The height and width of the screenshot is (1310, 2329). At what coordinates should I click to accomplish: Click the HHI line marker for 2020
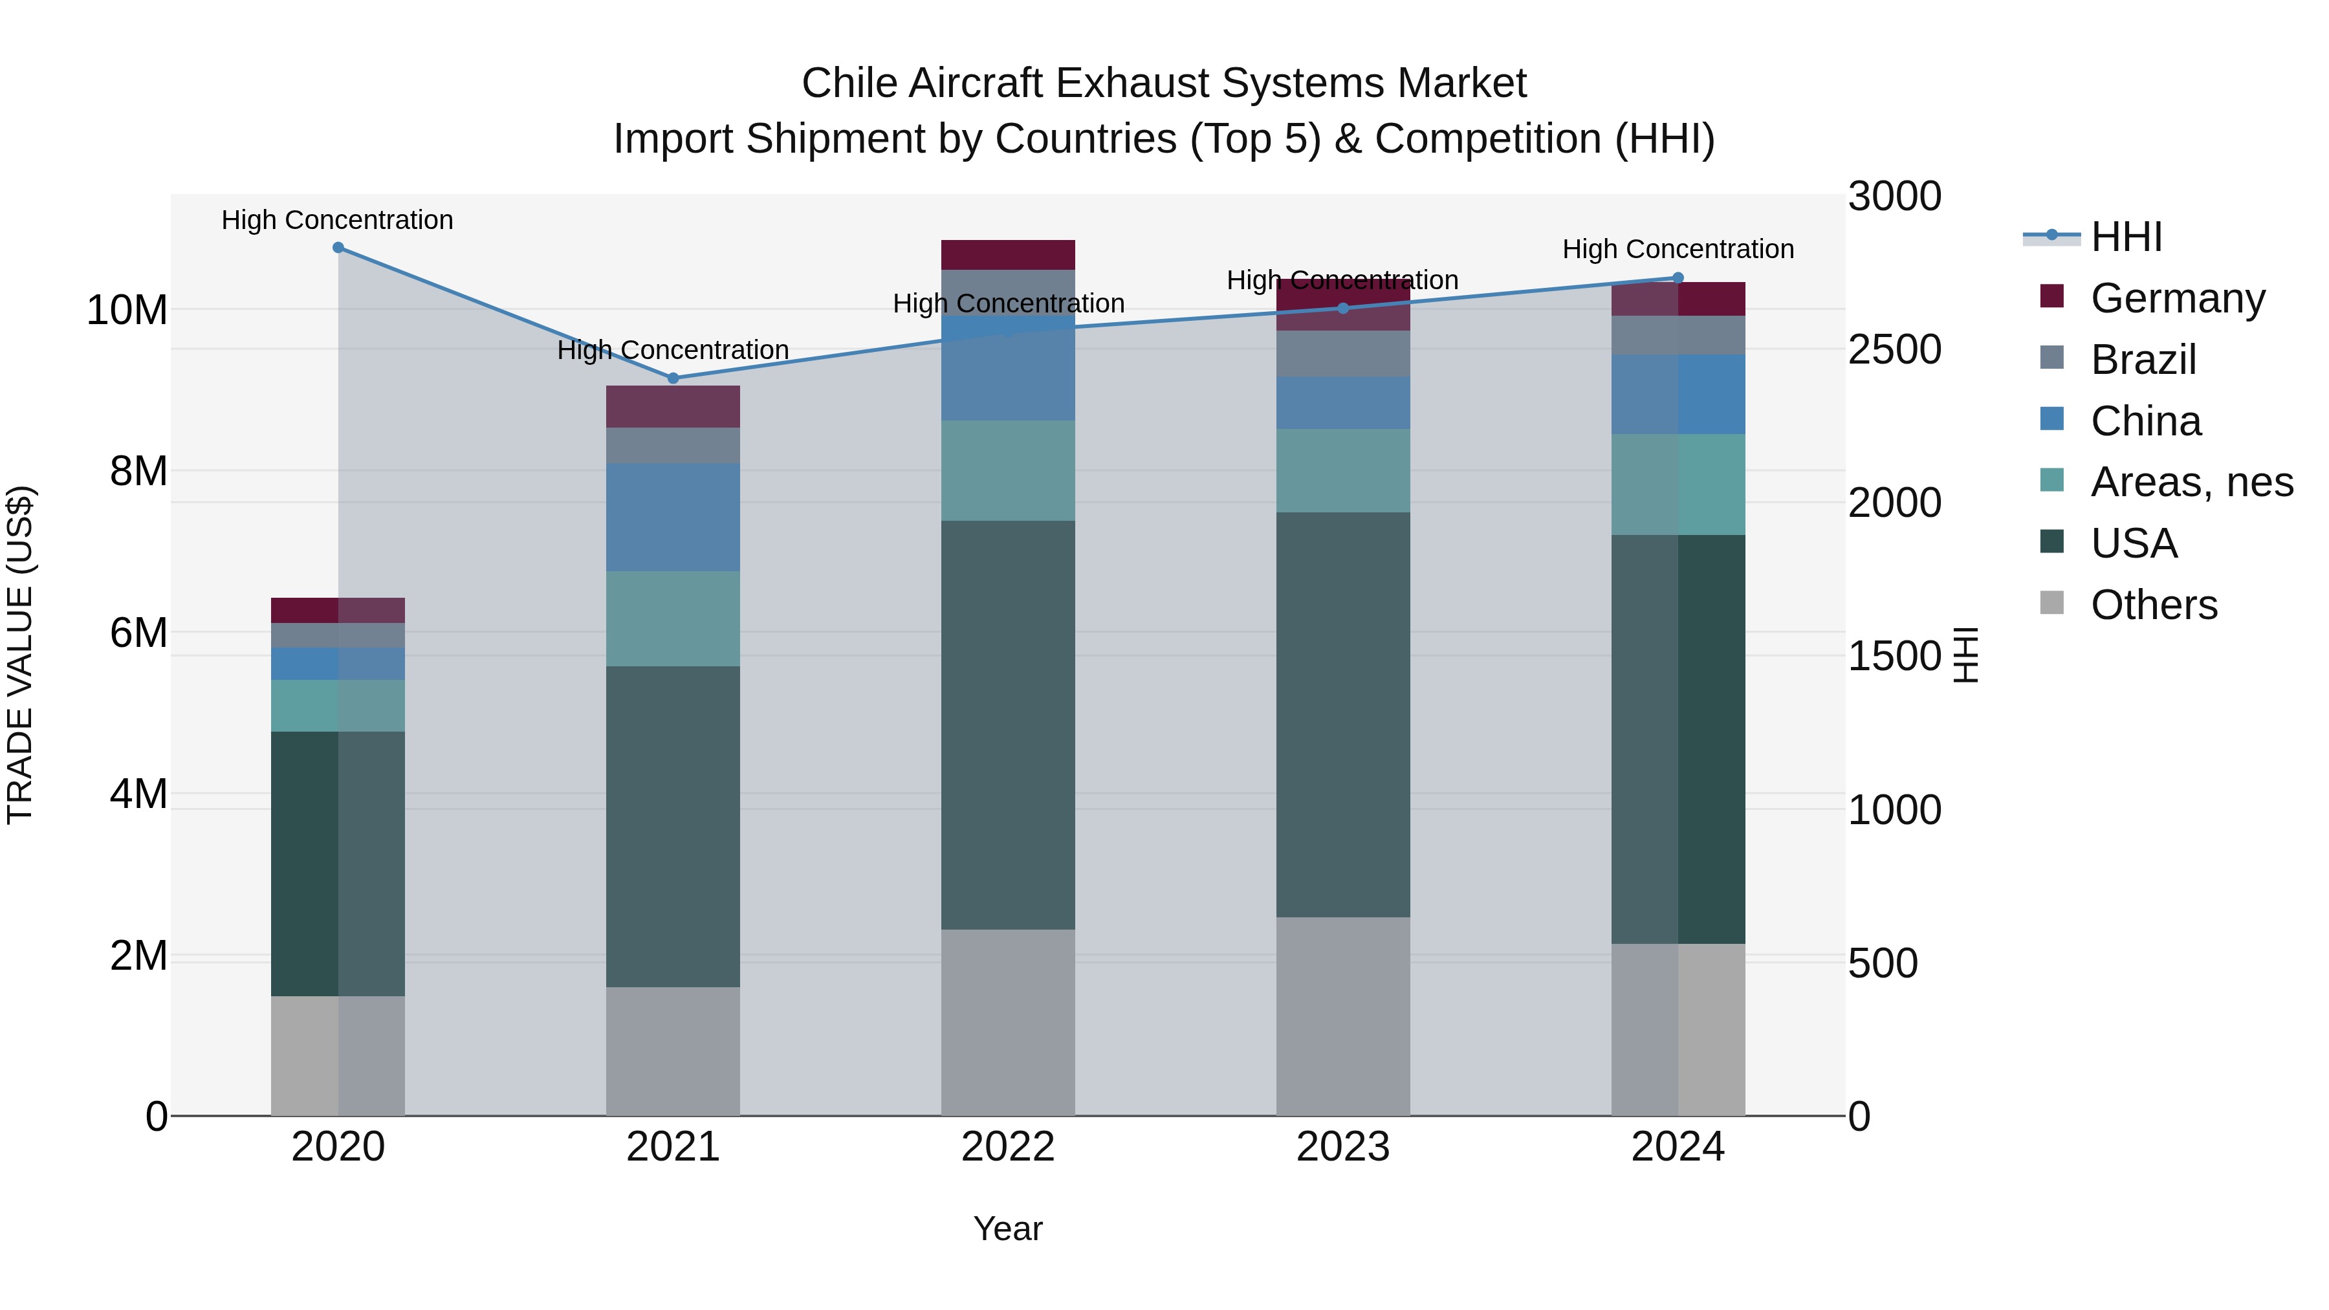click(x=338, y=248)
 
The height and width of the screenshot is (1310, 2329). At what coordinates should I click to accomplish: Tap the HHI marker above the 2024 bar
click(x=1678, y=278)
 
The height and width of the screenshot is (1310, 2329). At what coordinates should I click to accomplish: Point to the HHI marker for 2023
click(x=1342, y=309)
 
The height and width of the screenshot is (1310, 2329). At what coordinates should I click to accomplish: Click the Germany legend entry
click(x=2177, y=298)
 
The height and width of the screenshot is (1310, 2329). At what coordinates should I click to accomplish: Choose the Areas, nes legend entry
click(x=2192, y=482)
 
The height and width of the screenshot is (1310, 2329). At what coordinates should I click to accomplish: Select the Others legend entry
click(x=2154, y=605)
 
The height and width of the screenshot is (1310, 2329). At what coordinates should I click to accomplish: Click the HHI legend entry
click(x=2126, y=237)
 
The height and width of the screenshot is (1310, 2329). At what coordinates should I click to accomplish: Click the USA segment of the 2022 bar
click(x=1008, y=725)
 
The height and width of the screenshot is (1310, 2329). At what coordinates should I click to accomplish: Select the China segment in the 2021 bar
click(x=673, y=517)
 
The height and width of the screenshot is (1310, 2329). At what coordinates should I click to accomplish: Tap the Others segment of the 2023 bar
click(x=1342, y=1016)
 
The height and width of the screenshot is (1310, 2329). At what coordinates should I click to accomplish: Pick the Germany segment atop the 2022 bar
click(x=1008, y=255)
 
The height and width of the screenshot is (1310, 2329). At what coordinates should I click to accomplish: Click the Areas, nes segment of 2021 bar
click(x=673, y=618)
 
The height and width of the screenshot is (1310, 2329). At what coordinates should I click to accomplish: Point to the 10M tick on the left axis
click(x=127, y=310)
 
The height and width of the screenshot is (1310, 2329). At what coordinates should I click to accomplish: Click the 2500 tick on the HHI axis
click(x=1894, y=350)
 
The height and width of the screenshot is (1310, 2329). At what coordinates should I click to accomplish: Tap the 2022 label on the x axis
click(x=1008, y=1147)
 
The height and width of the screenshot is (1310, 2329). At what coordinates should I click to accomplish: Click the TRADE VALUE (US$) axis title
click(x=20, y=655)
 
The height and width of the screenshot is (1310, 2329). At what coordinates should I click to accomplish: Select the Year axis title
click(x=1008, y=1228)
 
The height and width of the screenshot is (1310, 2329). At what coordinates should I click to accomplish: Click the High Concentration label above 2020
click(x=337, y=220)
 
